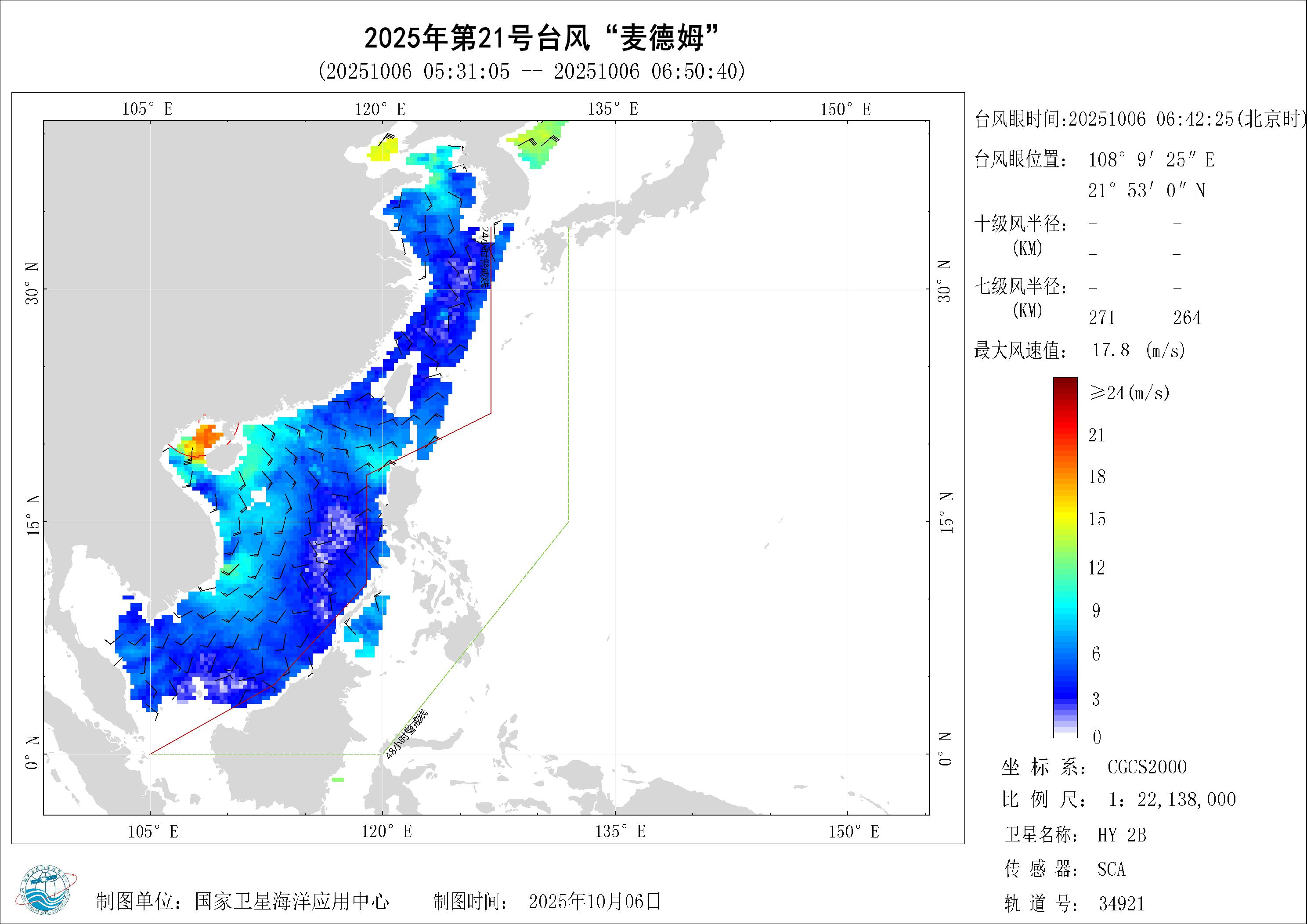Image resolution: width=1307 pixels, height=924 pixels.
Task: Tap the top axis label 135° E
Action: coord(613,109)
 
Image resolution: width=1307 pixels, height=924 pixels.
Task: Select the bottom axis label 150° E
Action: coord(853,832)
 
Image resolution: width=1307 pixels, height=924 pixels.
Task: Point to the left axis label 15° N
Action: coord(33,515)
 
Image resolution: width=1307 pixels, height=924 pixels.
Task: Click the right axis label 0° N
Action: coord(945,749)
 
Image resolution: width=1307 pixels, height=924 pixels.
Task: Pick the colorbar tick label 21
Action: coord(1096,436)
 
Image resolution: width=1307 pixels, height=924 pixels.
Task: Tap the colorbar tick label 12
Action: coord(1096,567)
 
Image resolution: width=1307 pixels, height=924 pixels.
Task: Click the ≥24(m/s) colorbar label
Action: coord(1130,392)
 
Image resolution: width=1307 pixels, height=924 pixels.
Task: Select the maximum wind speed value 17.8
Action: coord(1111,350)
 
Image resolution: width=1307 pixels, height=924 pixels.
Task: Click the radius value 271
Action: coord(1101,318)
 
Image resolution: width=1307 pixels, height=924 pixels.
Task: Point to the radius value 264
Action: coord(1187,318)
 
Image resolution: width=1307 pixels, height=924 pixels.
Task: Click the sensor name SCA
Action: coord(1111,870)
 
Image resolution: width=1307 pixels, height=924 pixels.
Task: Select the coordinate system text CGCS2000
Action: coord(1146,767)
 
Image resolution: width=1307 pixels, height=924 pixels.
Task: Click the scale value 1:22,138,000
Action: coord(1172,800)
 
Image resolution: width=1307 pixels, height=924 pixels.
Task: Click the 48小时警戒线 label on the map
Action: coord(406,734)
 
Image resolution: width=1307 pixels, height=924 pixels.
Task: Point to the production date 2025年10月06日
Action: coord(595,901)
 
